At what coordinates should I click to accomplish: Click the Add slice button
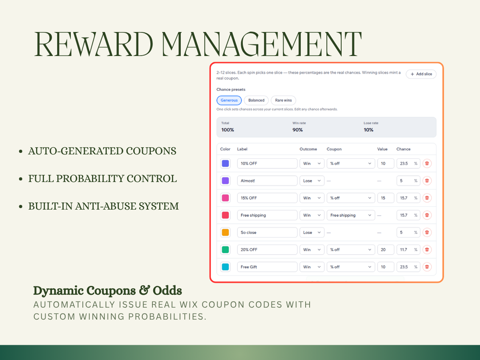pyautogui.click(x=421, y=74)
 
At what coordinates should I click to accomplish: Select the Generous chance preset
pyautogui.click(x=229, y=100)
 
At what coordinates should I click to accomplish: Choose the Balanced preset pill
pyautogui.click(x=256, y=100)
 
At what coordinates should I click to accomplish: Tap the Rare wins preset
pyautogui.click(x=283, y=100)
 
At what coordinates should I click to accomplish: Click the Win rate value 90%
pyautogui.click(x=298, y=130)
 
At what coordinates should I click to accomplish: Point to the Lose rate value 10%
pyautogui.click(x=368, y=130)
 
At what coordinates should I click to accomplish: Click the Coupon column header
pyautogui.click(x=334, y=149)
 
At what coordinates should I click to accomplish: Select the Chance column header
pyautogui.click(x=403, y=149)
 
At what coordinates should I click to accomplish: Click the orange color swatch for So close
pyautogui.click(x=225, y=232)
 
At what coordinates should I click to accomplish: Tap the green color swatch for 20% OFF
pyautogui.click(x=225, y=250)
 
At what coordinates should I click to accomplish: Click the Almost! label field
pyautogui.click(x=267, y=181)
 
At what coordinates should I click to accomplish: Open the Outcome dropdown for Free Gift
pyautogui.click(x=312, y=267)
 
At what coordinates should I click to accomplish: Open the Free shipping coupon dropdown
pyautogui.click(x=350, y=215)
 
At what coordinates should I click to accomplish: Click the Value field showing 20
pyautogui.click(x=386, y=250)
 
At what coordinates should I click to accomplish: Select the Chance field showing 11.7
pyautogui.click(x=408, y=250)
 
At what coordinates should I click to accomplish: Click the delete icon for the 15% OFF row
pyautogui.click(x=427, y=198)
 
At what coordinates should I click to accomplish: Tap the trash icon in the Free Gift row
pyautogui.click(x=427, y=267)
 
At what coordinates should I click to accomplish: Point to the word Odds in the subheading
pyautogui.click(x=167, y=291)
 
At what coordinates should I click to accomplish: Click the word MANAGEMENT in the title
pyautogui.click(x=261, y=44)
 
